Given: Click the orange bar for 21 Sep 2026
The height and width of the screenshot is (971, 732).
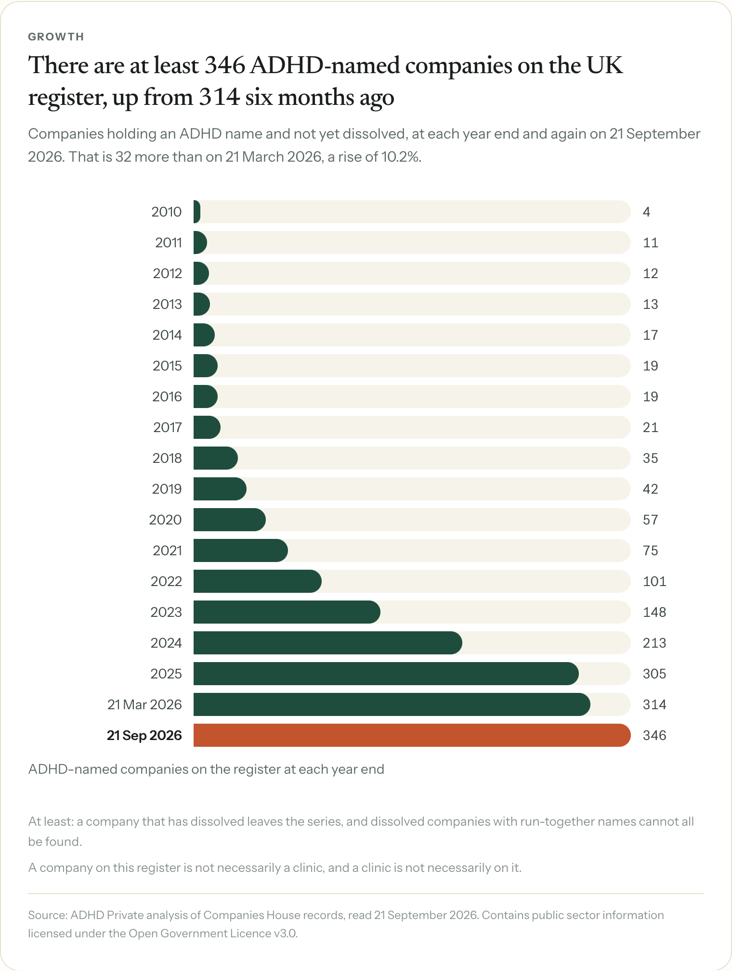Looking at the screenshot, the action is click(x=412, y=735).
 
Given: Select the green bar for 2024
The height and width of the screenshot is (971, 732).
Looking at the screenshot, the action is click(x=328, y=643).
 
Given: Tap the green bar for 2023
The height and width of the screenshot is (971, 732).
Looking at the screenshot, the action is click(x=287, y=612).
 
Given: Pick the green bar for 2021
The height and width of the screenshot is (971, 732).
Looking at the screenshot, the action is click(x=241, y=550).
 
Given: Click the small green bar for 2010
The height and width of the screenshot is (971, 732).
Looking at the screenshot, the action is click(x=197, y=212).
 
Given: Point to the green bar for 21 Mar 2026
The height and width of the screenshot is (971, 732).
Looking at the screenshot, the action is click(x=392, y=704).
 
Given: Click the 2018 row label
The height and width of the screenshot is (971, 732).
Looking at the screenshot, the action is click(x=167, y=458).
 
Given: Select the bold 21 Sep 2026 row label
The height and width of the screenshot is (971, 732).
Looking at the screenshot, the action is click(x=144, y=735).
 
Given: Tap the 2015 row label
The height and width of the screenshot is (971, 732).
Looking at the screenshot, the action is click(x=167, y=366).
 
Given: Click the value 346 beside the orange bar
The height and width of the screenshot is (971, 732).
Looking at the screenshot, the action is click(x=654, y=735).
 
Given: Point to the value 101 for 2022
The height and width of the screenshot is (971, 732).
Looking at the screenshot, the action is click(x=654, y=581).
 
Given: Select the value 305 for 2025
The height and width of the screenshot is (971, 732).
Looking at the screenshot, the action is click(x=654, y=674).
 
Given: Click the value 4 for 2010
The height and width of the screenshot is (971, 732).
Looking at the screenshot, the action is click(x=646, y=212).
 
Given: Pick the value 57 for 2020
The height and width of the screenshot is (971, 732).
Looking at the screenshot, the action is click(x=651, y=520).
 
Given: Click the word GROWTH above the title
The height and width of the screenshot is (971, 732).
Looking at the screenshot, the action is click(x=56, y=37).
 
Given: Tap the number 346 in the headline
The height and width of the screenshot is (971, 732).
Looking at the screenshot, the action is click(x=224, y=65).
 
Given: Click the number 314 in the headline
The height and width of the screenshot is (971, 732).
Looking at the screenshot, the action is click(x=219, y=98).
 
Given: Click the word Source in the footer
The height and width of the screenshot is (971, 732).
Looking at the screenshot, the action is click(x=47, y=915).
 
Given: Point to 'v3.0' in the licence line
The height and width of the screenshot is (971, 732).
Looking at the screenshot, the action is click(x=286, y=933).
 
